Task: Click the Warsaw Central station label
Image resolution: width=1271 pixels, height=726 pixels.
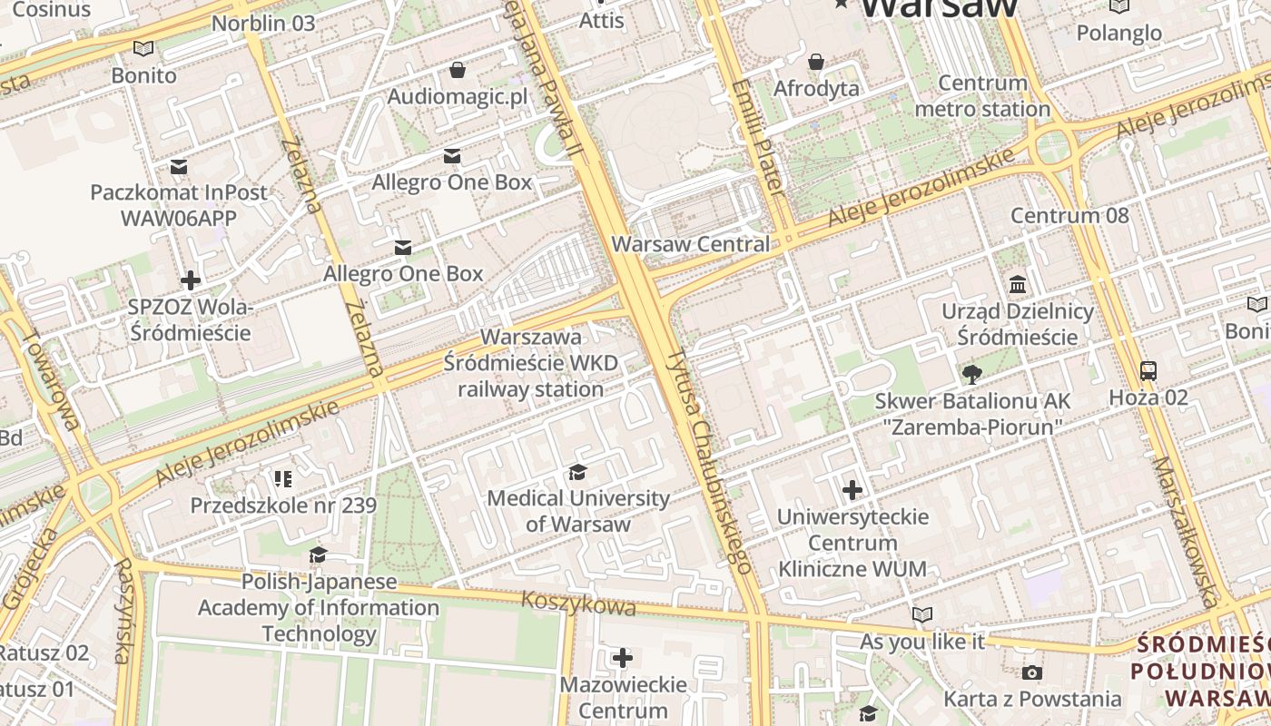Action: pyautogui.click(x=690, y=244)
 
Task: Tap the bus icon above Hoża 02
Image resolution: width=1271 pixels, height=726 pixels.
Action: pyautogui.click(x=1148, y=370)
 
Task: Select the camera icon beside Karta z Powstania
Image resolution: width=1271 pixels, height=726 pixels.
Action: pyautogui.click(x=1031, y=672)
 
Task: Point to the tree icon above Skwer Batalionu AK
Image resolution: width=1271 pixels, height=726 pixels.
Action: pyautogui.click(x=971, y=374)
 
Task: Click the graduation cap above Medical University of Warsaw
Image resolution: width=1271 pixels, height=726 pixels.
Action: pyautogui.click(x=577, y=472)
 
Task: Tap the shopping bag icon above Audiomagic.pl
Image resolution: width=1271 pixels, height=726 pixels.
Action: pyautogui.click(x=458, y=70)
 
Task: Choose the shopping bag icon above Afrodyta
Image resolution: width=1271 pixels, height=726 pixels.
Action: pyautogui.click(x=816, y=62)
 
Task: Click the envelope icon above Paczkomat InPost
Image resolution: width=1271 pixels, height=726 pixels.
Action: pyautogui.click(x=179, y=166)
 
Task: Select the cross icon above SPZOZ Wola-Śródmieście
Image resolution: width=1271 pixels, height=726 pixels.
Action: pyautogui.click(x=191, y=280)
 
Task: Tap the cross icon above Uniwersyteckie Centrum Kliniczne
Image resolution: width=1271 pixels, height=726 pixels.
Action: pyautogui.click(x=852, y=490)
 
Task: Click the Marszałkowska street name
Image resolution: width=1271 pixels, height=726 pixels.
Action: pyautogui.click(x=1184, y=532)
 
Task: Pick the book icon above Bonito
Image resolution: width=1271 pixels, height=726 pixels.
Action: pyautogui.click(x=143, y=48)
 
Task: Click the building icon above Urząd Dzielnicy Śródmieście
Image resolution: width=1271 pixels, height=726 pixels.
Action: pyautogui.click(x=1018, y=285)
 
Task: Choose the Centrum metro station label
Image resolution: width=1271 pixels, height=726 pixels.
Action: pyautogui.click(x=982, y=96)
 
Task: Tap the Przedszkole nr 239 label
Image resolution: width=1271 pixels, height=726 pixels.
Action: pyautogui.click(x=283, y=505)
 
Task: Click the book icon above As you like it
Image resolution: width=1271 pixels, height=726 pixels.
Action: pyautogui.click(x=922, y=615)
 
